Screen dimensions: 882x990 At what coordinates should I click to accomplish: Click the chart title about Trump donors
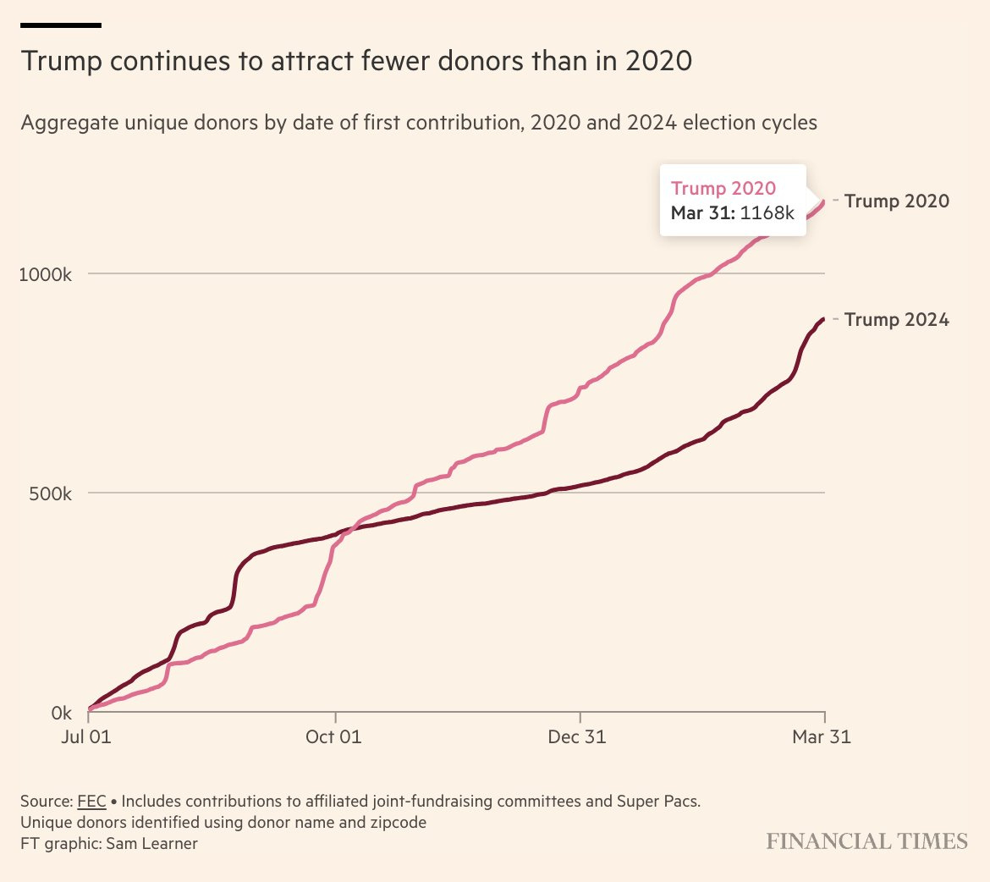pos(356,62)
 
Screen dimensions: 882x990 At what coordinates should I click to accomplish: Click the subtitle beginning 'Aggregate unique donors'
pos(419,123)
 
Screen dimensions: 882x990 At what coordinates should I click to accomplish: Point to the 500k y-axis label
pos(49,493)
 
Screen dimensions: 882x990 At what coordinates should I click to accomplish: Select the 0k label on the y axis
pos(62,713)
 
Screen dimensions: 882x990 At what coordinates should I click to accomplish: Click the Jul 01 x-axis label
pos(86,737)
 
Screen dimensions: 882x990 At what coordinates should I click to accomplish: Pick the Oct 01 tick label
pos(333,737)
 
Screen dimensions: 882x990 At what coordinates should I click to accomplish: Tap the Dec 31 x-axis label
pos(577,737)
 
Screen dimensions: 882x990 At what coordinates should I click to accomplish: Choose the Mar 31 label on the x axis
pos(821,737)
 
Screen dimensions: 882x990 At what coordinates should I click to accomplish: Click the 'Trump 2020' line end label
pos(896,201)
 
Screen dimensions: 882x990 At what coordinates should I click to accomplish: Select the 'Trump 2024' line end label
pos(896,320)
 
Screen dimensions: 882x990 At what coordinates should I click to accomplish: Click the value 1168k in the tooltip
pos(767,212)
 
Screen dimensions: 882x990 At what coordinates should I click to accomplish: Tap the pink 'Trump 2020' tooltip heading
pos(723,189)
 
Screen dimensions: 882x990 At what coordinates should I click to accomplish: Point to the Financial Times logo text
pos(866,841)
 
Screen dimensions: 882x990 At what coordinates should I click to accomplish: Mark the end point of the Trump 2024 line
pos(823,319)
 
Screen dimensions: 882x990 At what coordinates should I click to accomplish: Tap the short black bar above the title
pos(61,25)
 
